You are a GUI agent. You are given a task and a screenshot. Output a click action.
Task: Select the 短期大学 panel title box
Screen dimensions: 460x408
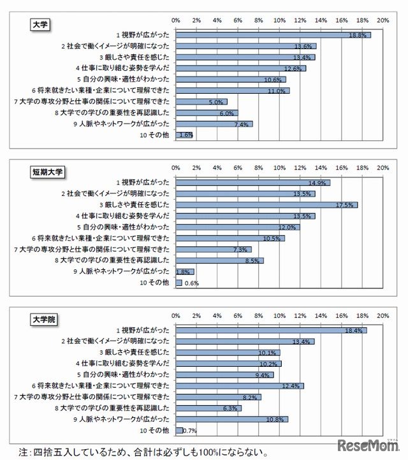pyautogui.click(x=48, y=172)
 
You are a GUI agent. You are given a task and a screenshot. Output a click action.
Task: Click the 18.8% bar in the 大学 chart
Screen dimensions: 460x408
pyautogui.click(x=273, y=34)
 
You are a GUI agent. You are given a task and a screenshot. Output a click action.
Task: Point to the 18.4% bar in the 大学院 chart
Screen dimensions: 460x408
pyautogui.click(x=271, y=330)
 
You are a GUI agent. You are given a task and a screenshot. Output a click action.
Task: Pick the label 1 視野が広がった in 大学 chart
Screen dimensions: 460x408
pyautogui.click(x=143, y=34)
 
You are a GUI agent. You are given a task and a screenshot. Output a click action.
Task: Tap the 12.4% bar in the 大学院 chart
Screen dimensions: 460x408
pyautogui.click(x=240, y=385)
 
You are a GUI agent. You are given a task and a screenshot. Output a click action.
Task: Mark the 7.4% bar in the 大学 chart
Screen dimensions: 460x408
pyautogui.click(x=214, y=124)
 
